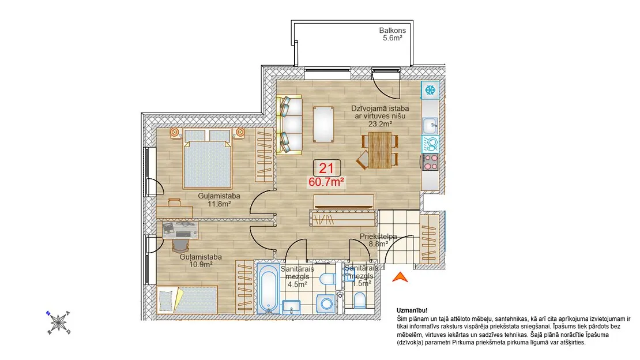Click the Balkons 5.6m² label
coord(392,34)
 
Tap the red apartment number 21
coord(326,168)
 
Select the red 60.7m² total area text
coord(326,182)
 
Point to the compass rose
coord(58,322)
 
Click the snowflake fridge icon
coord(430,90)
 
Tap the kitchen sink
coord(430,125)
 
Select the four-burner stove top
coord(430,162)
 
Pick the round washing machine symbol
coord(326,303)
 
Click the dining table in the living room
coord(379,150)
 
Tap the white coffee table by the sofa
coord(323,124)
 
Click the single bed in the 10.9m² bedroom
coord(187,299)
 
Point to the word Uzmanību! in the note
coord(412,310)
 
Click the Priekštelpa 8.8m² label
coord(378,240)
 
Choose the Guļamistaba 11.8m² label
coord(219,200)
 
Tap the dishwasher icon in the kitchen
coord(430,144)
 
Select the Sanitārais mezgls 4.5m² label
coord(297,277)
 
